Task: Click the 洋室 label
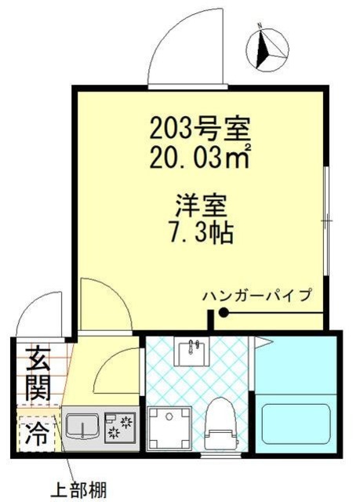tap(200, 207)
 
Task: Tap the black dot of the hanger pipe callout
tap(224, 314)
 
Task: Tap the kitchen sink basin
tap(80, 428)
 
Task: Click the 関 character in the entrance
tap(37, 386)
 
